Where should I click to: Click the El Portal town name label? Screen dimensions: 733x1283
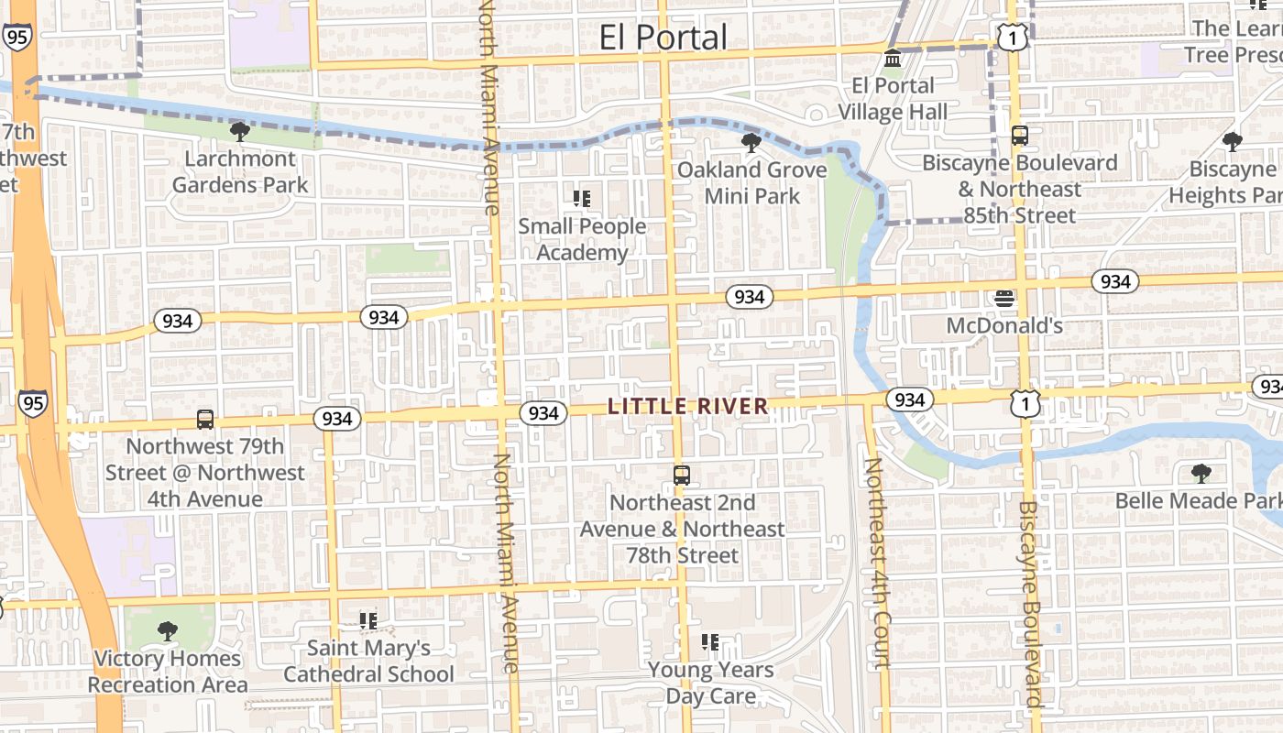click(663, 38)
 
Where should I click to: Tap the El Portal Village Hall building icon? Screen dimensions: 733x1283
click(892, 60)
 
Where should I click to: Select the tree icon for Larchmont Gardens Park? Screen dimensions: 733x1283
click(240, 132)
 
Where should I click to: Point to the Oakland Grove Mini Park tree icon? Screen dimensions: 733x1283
click(751, 142)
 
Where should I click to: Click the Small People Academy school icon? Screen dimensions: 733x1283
click(582, 198)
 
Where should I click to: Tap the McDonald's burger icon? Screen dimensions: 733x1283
click(1004, 298)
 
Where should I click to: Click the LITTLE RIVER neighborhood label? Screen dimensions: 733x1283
click(687, 407)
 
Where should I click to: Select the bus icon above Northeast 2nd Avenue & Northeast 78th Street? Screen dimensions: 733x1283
click(681, 475)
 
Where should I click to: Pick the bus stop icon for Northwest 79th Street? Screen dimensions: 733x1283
click(205, 420)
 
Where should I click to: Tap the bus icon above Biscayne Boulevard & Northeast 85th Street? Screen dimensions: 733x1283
click(1019, 136)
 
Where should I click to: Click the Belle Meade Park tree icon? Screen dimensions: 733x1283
click(1201, 474)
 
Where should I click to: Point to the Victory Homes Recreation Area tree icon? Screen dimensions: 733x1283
click(167, 630)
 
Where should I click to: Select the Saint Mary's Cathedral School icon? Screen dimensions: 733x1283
click(368, 621)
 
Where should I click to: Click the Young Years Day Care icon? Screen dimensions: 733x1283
click(710, 642)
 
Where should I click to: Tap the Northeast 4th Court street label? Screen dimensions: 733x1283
click(877, 563)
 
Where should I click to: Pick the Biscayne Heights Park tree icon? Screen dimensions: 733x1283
click(1232, 141)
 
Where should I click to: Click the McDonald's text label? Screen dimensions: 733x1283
click(1004, 325)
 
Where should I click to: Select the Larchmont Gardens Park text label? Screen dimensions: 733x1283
click(240, 171)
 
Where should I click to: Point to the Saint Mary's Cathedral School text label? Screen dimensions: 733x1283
click(368, 662)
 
